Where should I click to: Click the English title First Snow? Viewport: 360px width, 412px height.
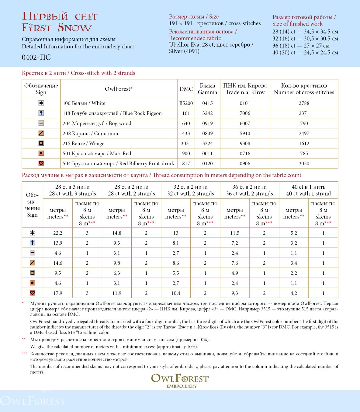click(x=57, y=27)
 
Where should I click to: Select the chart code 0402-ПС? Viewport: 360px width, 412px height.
click(x=36, y=57)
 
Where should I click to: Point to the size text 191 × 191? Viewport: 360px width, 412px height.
click(x=181, y=23)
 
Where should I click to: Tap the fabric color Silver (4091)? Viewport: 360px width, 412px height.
click(x=184, y=51)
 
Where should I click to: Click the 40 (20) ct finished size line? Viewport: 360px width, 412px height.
click(x=305, y=52)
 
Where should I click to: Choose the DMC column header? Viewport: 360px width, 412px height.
click(x=186, y=89)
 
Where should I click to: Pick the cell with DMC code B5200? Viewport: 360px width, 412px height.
click(x=186, y=103)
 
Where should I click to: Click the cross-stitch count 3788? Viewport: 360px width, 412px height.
click(x=304, y=103)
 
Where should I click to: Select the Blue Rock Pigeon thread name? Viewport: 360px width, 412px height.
click(x=112, y=113)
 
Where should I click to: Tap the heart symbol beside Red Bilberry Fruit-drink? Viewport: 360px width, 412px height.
click(x=41, y=163)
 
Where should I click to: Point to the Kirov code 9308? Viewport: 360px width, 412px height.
click(x=245, y=143)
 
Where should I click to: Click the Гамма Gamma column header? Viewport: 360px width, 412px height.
click(x=207, y=89)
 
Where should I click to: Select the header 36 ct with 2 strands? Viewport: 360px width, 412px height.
click(x=249, y=190)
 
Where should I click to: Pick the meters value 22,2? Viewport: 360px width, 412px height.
click(x=57, y=233)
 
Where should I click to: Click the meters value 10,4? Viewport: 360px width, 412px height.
click(x=175, y=293)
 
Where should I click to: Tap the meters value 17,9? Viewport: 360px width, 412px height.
click(x=57, y=293)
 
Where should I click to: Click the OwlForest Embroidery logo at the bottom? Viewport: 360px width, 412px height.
click(x=180, y=380)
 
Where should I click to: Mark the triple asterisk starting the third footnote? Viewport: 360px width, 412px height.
click(x=24, y=354)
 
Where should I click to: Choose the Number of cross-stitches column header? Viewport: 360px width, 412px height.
click(x=304, y=89)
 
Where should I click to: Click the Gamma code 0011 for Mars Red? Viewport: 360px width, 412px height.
click(x=207, y=153)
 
